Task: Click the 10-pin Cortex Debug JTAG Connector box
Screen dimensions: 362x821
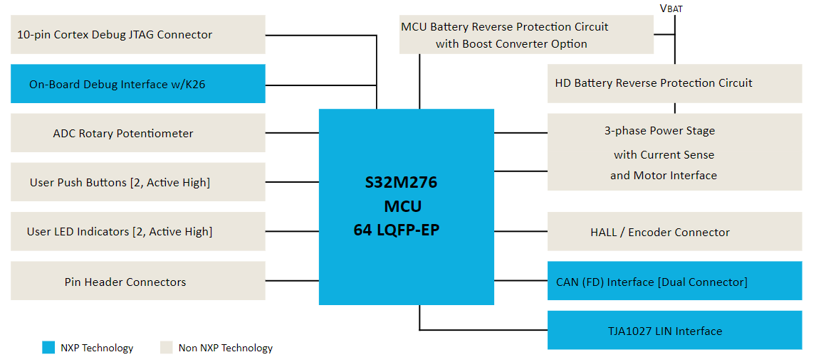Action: point(137,34)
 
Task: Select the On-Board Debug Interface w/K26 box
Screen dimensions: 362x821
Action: point(137,84)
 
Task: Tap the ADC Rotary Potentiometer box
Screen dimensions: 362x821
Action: point(137,133)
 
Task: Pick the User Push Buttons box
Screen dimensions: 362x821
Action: point(137,182)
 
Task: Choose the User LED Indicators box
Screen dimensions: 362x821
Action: point(137,231)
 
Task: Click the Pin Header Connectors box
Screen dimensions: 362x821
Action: point(137,281)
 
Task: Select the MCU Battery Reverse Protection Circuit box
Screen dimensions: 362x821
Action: point(525,35)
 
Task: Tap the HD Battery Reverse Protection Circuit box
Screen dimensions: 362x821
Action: point(674,83)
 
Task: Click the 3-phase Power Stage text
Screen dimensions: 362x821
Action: point(659,131)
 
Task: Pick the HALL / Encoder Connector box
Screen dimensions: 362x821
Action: point(674,232)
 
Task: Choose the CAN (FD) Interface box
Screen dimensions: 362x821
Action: point(674,281)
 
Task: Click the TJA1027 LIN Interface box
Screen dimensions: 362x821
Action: point(674,330)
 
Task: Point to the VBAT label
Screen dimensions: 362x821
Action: point(671,9)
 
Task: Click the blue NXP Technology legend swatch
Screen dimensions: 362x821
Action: point(48,348)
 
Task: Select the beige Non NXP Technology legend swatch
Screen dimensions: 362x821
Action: point(166,348)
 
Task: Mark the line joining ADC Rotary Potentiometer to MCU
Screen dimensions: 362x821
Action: point(292,133)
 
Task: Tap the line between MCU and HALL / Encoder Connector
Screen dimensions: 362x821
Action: point(521,232)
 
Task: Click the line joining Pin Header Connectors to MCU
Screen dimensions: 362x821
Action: point(292,281)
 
